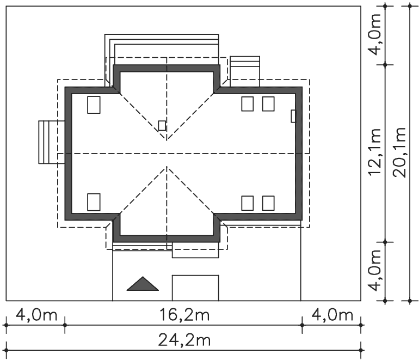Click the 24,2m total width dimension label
(x=184, y=340)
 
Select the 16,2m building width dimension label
(x=184, y=315)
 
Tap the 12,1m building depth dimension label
(x=374, y=151)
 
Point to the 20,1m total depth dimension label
(x=399, y=152)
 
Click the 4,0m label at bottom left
(x=36, y=315)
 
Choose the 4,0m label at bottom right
(x=332, y=315)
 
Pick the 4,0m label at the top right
(x=374, y=34)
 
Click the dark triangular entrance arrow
(x=143, y=284)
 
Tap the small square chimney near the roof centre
(x=162, y=125)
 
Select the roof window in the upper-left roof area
(x=94, y=105)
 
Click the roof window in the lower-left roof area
(x=94, y=202)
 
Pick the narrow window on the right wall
(x=293, y=116)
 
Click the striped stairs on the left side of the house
(x=52, y=142)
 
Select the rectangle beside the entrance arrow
(x=195, y=288)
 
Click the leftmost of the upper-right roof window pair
(x=248, y=104)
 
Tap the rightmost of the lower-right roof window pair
(x=268, y=203)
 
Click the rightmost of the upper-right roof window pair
(x=268, y=104)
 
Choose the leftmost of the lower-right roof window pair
(x=248, y=203)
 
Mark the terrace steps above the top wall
(x=162, y=45)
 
